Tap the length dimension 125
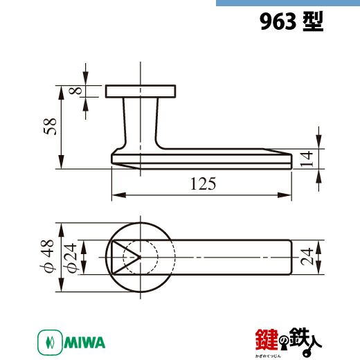click(x=201, y=183)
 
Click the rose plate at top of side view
click(x=139, y=91)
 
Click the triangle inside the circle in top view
click(x=123, y=257)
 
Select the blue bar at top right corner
click(x=287, y=3)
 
